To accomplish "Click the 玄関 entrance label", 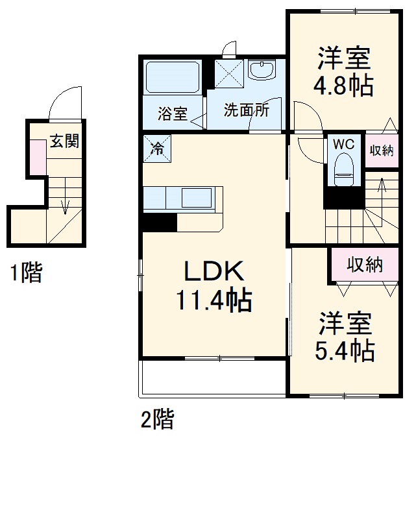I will pos(65,141).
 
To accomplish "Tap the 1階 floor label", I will pos(25,273).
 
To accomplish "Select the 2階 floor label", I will pos(157,420).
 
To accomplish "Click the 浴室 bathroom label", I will pos(173,114).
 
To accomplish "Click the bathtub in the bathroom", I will pos(171,77).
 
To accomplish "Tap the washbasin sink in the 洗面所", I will pos(263,69).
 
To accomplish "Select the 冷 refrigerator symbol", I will pos(157,147).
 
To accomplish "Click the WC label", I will pos(343,144).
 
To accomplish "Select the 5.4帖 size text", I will pos(344,350).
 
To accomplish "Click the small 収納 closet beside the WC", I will pos(382,151).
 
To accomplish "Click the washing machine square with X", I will pos(228,73).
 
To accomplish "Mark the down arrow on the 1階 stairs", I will pos(65,206).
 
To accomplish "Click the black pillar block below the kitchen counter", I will pos(159,221).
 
